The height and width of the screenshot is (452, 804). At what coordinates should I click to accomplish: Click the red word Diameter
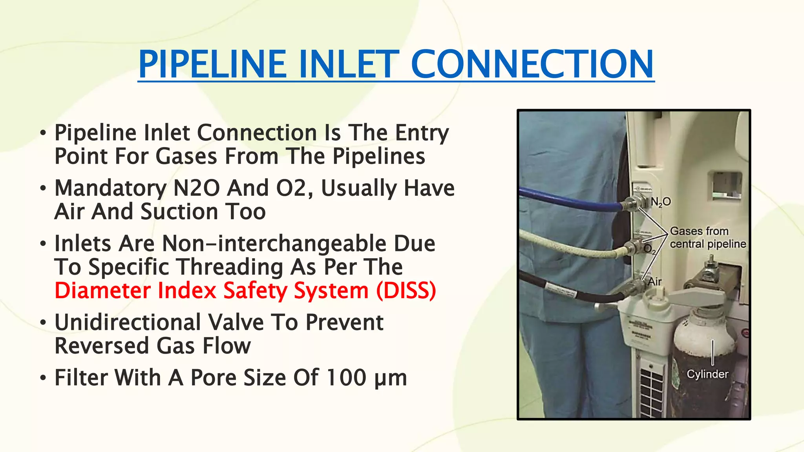[102, 291]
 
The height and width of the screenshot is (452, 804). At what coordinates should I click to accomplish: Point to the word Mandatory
[110, 188]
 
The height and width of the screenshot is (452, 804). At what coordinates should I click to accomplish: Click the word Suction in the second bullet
[179, 212]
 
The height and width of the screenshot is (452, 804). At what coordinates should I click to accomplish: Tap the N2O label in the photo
[661, 202]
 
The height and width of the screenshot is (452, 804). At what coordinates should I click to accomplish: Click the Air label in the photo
[654, 281]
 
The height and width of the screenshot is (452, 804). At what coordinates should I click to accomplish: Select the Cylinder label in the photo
[707, 374]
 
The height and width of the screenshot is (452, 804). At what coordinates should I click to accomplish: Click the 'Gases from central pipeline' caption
[707, 237]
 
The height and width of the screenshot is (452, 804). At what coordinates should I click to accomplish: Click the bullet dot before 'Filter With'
[43, 378]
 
